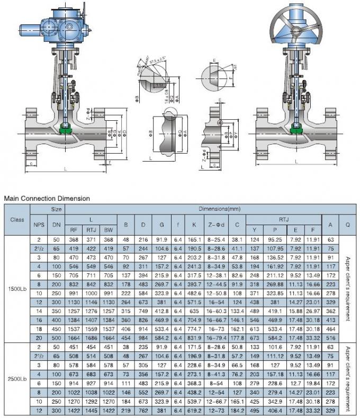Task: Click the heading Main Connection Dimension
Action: [x=47, y=198]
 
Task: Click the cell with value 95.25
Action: [x=275, y=239]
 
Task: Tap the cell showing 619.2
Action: [x=195, y=411]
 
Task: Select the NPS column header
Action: [x=39, y=225]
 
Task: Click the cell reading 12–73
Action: [x=217, y=411]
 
